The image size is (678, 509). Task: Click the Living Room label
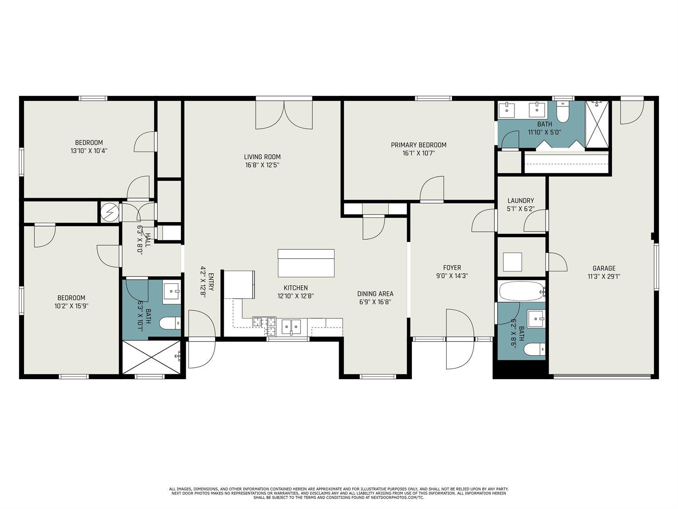[262, 157]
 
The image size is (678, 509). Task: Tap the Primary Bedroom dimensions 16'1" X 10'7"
[419, 153]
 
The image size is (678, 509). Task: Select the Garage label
[604, 268]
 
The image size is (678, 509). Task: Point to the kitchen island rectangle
[306, 263]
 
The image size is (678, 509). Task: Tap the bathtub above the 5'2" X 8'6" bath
[522, 291]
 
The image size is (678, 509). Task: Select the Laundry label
[520, 200]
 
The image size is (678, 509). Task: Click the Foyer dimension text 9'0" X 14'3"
[452, 276]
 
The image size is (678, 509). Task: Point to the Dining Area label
[375, 294]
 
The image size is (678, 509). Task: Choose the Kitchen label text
[296, 288]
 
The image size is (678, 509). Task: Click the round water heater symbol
[110, 212]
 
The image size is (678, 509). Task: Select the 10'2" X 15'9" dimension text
[71, 306]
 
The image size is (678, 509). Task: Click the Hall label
[148, 240]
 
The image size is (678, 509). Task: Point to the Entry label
[211, 281]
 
